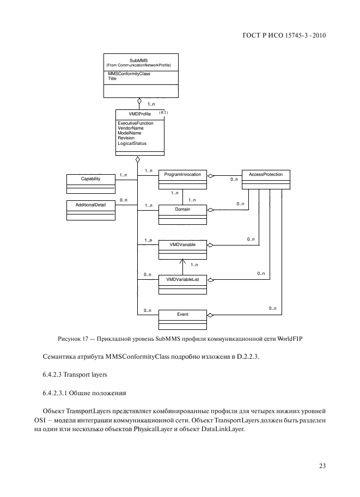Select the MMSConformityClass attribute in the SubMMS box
point(129,73)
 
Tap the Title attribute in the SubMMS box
point(112,78)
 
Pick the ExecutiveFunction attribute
point(136,124)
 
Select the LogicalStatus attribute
point(132,143)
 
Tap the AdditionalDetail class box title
point(90,204)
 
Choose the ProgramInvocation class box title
point(182,175)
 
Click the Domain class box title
point(182,210)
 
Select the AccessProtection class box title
point(265,175)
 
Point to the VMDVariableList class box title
point(182,279)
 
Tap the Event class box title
point(182,314)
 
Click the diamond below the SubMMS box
point(139,101)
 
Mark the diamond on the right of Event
point(211,315)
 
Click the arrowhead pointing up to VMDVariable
point(182,262)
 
